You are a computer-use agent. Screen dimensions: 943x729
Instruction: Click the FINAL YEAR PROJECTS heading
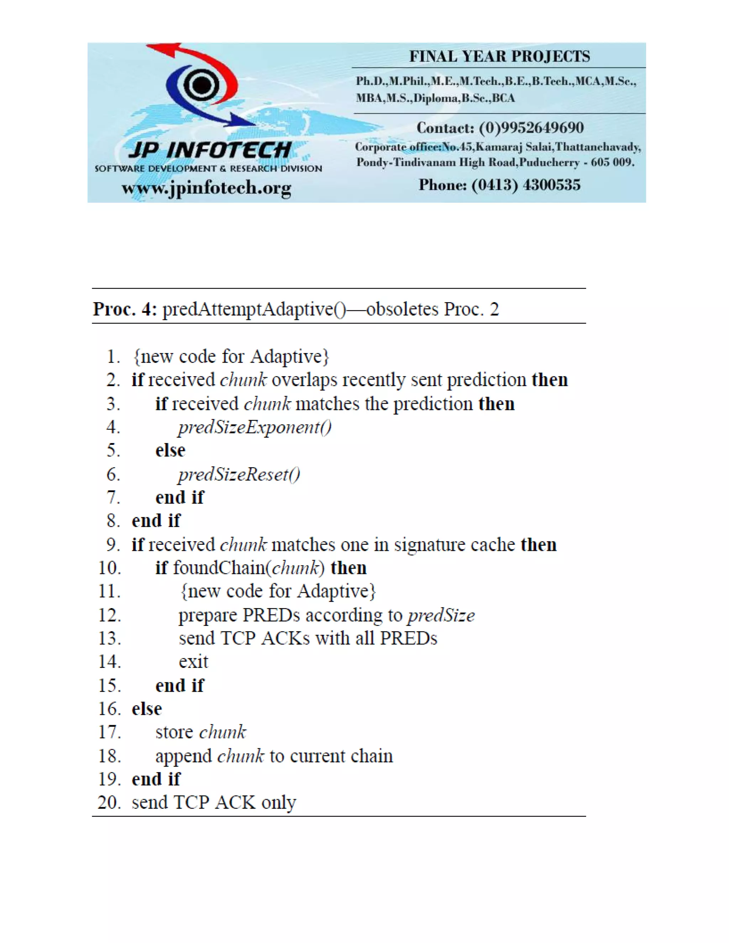coord(499,57)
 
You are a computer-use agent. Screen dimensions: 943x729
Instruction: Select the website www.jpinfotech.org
coord(206,188)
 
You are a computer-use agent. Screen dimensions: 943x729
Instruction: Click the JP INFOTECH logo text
coord(210,150)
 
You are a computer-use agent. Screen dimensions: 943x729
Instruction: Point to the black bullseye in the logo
coord(201,85)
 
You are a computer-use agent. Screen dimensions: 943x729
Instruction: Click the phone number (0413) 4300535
coord(526,185)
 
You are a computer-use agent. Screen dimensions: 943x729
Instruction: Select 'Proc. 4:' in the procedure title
coord(125,309)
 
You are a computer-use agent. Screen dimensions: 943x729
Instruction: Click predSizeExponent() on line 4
coord(255,427)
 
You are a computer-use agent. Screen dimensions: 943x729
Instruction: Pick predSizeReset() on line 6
coord(239,474)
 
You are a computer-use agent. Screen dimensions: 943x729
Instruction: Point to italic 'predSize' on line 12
coord(441,615)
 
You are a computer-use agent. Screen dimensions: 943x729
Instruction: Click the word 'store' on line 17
coord(174,732)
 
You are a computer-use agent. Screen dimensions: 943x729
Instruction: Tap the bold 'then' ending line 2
coord(549,380)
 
